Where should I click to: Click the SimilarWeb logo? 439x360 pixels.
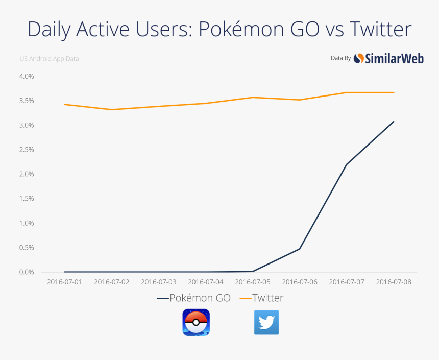(388, 59)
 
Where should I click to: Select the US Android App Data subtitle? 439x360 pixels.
(49, 59)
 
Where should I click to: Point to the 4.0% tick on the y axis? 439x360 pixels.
(26, 76)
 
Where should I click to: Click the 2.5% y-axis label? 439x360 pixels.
(26, 150)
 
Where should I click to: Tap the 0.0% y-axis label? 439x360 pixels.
(26, 272)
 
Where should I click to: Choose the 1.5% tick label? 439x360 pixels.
(26, 199)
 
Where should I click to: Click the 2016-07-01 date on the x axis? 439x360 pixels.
(64, 282)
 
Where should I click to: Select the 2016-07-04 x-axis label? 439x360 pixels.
(206, 282)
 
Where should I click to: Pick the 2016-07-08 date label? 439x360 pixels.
(394, 282)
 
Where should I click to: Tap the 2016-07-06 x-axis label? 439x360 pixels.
(300, 282)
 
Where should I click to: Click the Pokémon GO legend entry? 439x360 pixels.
(194, 298)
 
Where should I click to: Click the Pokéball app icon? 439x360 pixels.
(196, 323)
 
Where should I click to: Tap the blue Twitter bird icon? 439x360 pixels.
(266, 323)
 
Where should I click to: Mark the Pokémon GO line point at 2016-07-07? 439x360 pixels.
(347, 164)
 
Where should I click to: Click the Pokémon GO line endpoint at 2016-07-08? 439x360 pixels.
(394, 122)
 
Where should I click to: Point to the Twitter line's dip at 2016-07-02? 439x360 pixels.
(111, 109)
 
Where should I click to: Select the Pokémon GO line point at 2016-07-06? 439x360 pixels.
(300, 249)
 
